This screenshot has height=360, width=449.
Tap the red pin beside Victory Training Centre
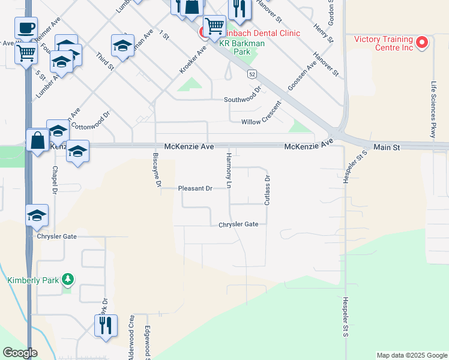[421, 42]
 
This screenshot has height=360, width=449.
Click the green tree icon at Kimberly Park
[68, 280]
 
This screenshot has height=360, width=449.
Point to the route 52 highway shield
[252, 74]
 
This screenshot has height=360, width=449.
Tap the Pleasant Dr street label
[195, 188]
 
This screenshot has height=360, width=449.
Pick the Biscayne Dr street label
[156, 170]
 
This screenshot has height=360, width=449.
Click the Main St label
[386, 147]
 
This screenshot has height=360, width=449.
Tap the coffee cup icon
[26, 28]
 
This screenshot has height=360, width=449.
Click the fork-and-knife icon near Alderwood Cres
[106, 325]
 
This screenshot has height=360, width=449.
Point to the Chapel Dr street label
[55, 179]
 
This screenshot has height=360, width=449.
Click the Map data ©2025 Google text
[411, 355]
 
